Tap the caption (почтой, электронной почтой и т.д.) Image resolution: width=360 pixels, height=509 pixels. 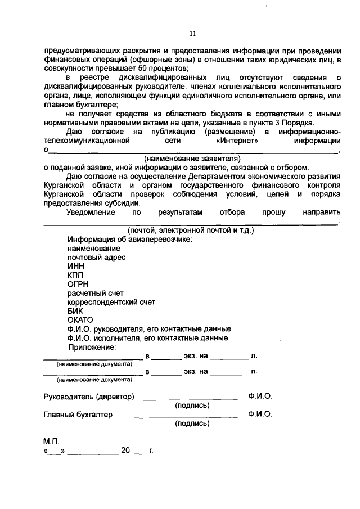tap(191, 231)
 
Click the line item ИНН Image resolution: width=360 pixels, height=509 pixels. tap(75, 266)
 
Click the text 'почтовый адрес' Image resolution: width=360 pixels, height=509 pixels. tap(96, 257)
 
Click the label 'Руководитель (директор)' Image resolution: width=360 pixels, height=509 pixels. tap(89, 397)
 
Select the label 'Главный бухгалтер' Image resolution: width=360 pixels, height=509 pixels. tap(78, 415)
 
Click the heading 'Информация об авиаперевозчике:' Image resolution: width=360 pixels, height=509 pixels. tap(129, 239)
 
